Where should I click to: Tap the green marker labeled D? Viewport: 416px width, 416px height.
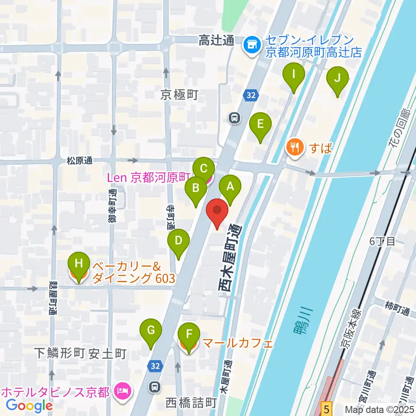coord(178,240)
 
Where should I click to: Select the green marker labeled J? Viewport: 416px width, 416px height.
coord(338,79)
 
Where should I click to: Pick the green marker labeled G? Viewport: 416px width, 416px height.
coord(151,331)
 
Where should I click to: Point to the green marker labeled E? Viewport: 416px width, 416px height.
coord(260,125)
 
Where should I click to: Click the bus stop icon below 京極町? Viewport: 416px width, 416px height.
coord(234,117)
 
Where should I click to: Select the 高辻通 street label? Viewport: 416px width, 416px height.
coord(216,42)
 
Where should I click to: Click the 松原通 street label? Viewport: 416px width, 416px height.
coord(79,161)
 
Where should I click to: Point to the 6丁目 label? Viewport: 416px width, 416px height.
coord(382,242)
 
